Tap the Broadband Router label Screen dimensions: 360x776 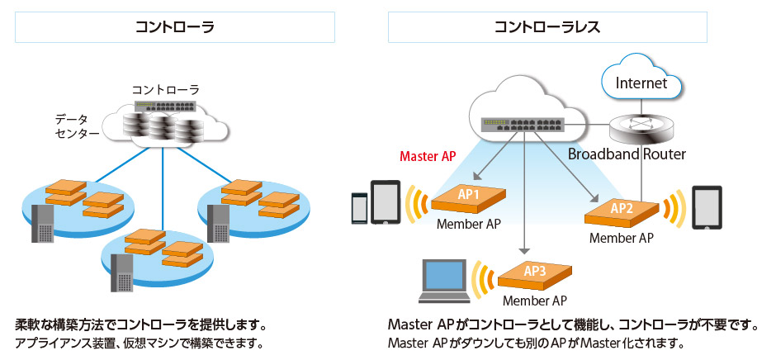click(x=627, y=154)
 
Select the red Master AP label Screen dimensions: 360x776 click(x=428, y=155)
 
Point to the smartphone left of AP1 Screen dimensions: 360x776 click(x=359, y=208)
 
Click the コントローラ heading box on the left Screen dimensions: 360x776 click(x=175, y=26)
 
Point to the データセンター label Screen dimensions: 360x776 click(x=77, y=126)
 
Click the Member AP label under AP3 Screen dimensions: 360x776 click(x=534, y=300)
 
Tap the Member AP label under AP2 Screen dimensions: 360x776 click(x=621, y=238)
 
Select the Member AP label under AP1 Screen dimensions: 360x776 click(x=468, y=224)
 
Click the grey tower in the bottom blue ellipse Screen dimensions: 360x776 click(x=122, y=272)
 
